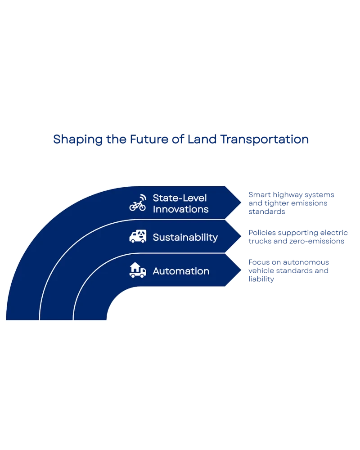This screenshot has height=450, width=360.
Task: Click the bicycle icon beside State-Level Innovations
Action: click(137, 206)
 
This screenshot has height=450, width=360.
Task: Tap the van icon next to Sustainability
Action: click(138, 237)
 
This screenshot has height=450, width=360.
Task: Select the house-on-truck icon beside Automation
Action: click(138, 270)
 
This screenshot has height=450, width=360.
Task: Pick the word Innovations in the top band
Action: click(180, 209)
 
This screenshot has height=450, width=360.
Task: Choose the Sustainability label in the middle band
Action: click(185, 237)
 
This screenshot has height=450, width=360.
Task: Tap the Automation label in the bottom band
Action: click(181, 271)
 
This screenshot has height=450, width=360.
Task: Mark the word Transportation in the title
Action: click(265, 139)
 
